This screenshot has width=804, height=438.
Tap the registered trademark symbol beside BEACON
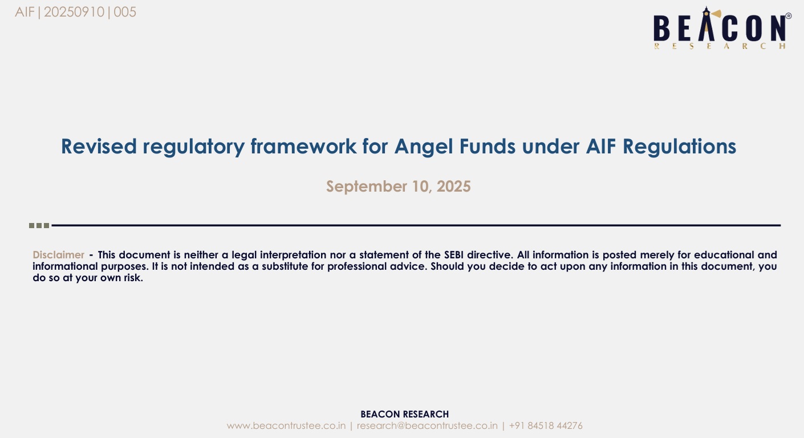click(789, 16)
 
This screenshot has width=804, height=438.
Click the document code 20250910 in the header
click(74, 12)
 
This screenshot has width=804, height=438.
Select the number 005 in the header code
click(125, 12)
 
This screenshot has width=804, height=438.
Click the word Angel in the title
click(424, 147)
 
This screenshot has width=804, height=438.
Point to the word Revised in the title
click(99, 147)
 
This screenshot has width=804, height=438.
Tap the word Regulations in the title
click(679, 147)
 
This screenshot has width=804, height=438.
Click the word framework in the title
click(303, 147)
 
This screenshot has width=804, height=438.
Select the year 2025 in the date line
click(454, 186)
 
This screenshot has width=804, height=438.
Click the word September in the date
click(366, 187)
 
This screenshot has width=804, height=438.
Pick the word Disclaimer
click(59, 255)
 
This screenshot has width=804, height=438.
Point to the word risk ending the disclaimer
click(133, 278)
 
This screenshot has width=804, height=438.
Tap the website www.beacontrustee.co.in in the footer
click(286, 426)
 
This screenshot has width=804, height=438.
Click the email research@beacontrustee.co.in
click(427, 426)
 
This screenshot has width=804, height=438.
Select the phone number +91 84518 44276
click(546, 426)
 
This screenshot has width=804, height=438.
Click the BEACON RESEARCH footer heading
click(404, 414)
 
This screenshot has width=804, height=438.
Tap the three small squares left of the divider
click(39, 225)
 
